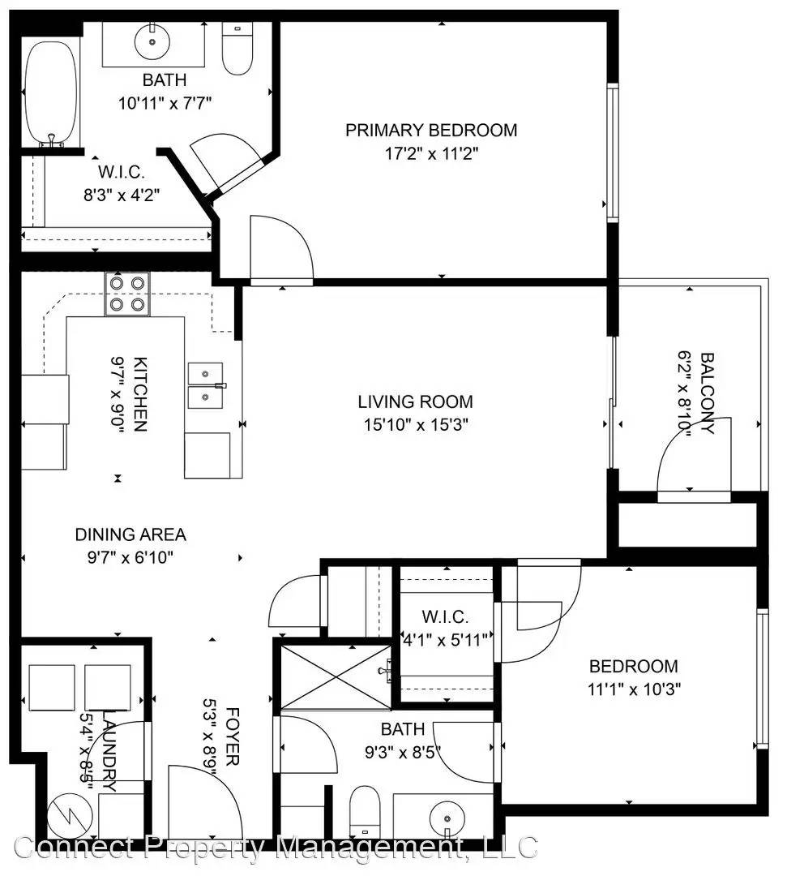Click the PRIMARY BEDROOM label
pos(431,130)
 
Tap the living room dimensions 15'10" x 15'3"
pos(416,424)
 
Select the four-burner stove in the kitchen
pos(127,294)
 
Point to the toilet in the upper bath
pos(237,49)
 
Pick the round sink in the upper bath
pos(152,41)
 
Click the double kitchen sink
pos(206,385)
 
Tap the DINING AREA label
pos(130,535)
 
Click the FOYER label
pos(233,736)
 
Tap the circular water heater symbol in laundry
pos(70,816)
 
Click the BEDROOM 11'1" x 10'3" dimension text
pos(634,689)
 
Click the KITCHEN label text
pos(140,394)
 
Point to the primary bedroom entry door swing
pos(282,248)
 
